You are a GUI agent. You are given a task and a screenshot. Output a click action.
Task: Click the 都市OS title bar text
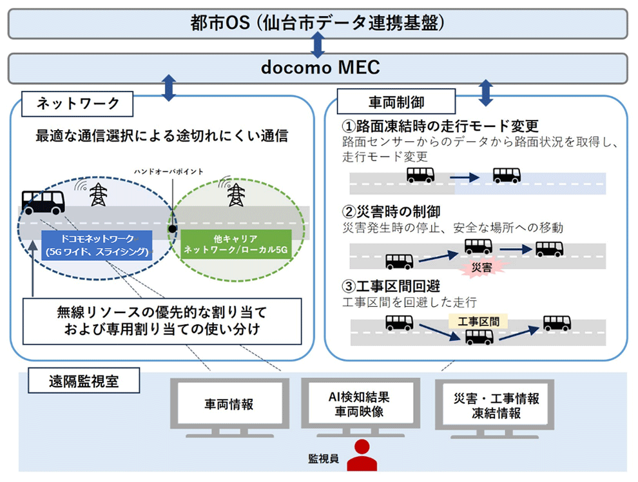coord(318,23)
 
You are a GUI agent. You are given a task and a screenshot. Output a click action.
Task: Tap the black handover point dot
coord(172,228)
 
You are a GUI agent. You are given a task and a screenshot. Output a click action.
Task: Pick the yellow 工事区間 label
coord(478,320)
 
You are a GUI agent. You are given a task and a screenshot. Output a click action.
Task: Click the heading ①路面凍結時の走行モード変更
coord(440,126)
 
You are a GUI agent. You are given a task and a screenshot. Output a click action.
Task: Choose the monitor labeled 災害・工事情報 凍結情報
coord(496,406)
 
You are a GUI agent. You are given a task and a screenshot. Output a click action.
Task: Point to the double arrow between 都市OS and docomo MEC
coord(318,44)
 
